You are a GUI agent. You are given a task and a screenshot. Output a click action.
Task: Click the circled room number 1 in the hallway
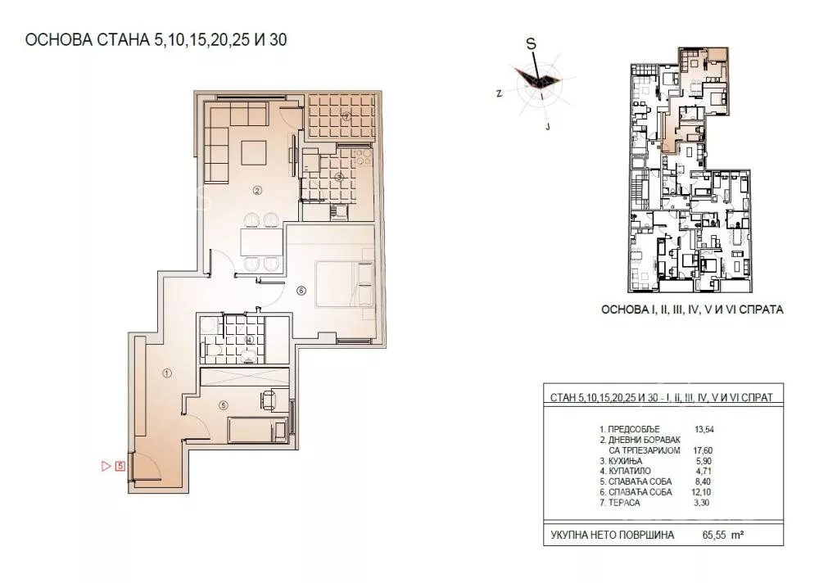coord(167,373)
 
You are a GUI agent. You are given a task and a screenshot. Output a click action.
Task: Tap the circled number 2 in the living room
coord(256,191)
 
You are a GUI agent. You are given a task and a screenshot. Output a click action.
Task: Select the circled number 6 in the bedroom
coord(301,291)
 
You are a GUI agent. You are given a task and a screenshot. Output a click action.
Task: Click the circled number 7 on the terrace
coord(346,117)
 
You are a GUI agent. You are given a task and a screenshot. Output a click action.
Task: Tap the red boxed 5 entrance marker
coord(120,465)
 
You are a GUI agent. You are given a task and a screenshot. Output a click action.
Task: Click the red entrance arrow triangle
coord(106,465)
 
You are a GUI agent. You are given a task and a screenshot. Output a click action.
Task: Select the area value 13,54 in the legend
coord(704,429)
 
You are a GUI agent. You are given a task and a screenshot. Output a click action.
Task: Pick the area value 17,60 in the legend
coord(703,450)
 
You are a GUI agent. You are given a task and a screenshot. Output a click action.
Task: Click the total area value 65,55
coord(714,535)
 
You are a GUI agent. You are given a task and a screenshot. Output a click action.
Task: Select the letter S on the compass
coord(531,44)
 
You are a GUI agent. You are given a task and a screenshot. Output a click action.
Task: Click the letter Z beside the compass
coord(500,93)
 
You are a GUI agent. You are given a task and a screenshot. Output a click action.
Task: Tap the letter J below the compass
coord(547,126)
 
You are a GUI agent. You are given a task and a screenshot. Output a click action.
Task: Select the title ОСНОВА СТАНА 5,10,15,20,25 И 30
coord(156,39)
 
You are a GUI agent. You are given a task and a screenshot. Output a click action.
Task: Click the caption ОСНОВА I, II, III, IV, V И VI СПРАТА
coord(692,310)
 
